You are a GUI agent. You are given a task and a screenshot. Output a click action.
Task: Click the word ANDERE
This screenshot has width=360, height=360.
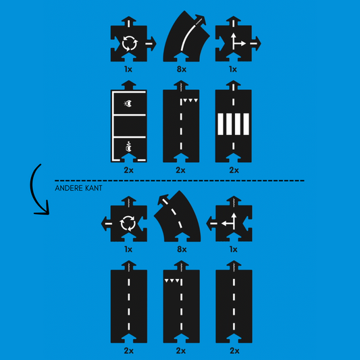pyautogui.click(x=69, y=188)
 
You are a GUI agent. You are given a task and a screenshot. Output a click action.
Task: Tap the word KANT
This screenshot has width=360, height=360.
pyautogui.click(x=94, y=188)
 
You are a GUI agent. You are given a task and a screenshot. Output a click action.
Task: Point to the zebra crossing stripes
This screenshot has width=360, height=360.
pyautogui.click(x=233, y=124)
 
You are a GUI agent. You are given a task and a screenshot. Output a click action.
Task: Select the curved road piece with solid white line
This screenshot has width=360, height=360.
pyautogui.click(x=186, y=36)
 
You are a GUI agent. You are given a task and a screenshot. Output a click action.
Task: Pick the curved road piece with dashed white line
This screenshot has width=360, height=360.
pyautogui.click(x=177, y=216)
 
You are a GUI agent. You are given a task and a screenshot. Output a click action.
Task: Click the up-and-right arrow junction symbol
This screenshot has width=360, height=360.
pyautogui.click(x=238, y=41)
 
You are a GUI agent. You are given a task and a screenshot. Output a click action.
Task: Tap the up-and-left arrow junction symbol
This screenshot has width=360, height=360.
pyautogui.click(x=229, y=222)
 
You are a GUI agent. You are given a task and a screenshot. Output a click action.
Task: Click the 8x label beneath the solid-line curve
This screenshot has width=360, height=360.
pyautogui.click(x=182, y=69)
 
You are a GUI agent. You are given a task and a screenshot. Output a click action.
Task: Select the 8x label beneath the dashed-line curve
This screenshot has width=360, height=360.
pyautogui.click(x=182, y=249)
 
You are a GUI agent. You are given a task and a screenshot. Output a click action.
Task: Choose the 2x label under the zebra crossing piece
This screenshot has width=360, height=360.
pyautogui.click(x=234, y=170)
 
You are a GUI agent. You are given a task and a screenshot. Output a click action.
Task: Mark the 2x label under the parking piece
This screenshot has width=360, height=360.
pyautogui.click(x=128, y=170)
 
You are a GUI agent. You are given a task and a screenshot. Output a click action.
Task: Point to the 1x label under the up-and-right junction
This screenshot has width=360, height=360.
pyautogui.click(x=233, y=69)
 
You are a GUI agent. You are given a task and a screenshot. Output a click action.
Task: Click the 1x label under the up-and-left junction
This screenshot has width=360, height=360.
pyautogui.click(x=233, y=249)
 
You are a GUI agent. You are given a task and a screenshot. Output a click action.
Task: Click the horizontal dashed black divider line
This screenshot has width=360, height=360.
pyautogui.click(x=180, y=181)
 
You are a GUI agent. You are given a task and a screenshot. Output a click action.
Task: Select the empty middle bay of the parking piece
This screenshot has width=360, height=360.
pyautogui.click(x=130, y=126)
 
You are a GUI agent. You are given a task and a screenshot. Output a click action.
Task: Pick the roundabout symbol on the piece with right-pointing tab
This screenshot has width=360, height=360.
pyautogui.click(x=130, y=43)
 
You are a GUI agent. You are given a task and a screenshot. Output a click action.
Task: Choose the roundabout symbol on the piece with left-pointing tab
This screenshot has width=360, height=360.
pyautogui.click(x=128, y=223)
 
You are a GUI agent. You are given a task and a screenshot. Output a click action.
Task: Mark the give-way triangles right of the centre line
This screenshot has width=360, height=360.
pyautogui.click(x=190, y=101)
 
